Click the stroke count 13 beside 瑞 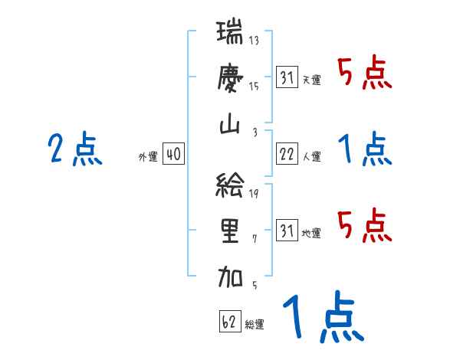coord(255,41)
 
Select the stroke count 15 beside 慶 coord(255,87)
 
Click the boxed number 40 coord(172,155)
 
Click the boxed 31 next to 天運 coord(287,78)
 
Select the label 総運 coord(255,325)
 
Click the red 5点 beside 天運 coord(365,74)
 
